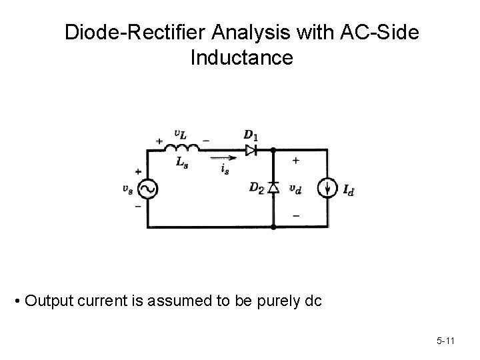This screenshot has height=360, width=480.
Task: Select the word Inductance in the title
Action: tap(241, 58)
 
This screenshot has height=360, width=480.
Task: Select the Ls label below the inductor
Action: tap(181, 163)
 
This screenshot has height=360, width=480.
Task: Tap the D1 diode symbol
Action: tap(252, 149)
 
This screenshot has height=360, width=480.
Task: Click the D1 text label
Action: tap(251, 135)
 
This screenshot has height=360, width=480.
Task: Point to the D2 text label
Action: tap(256, 189)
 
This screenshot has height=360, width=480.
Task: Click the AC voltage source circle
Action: tap(147, 189)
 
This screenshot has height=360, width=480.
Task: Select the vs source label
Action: tap(127, 189)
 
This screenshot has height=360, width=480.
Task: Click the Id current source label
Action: tap(349, 191)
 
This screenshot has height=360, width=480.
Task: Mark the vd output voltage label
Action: tap(295, 189)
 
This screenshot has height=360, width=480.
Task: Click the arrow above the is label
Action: tap(225, 159)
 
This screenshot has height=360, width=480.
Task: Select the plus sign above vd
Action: tap(295, 161)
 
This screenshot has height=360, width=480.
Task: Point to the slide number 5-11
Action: tap(445, 341)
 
